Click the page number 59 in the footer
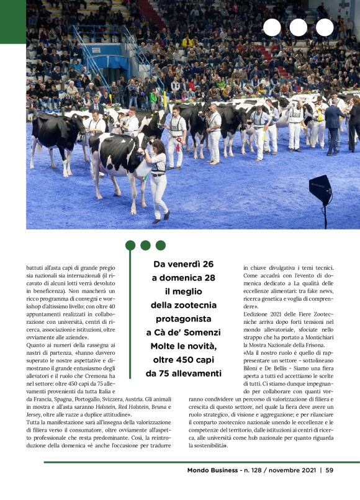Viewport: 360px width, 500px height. (330, 470)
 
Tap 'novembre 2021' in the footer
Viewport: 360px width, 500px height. (290, 470)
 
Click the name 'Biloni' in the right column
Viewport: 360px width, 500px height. (253, 366)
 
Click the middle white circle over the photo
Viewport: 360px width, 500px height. (298, 27)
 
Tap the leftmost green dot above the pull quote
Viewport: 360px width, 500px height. (130, 245)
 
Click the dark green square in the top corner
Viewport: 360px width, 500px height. (12, 22)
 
